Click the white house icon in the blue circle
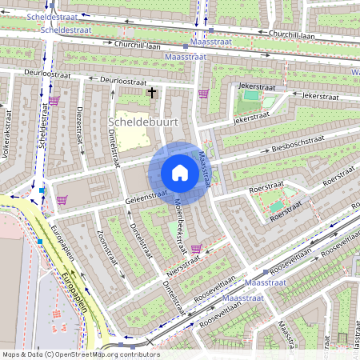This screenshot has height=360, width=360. pyautogui.click(x=180, y=173)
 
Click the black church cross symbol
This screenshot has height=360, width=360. pyautogui.click(x=151, y=93)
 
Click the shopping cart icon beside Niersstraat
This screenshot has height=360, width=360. pyautogui.click(x=196, y=248)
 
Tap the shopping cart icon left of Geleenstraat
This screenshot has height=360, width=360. pyautogui.click(x=62, y=199)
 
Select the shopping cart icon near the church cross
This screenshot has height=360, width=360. pyautogui.click(x=202, y=94)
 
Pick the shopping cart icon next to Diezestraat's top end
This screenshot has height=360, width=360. pyautogui.click(x=54, y=101)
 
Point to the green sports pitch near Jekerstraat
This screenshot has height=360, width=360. pyautogui.click(x=251, y=95)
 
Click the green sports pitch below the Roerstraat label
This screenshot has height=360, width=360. pyautogui.click(x=277, y=206)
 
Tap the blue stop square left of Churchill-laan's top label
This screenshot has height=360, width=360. pyautogui.click(x=210, y=30)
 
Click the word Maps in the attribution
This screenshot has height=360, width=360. pyautogui.click(x=12, y=354)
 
